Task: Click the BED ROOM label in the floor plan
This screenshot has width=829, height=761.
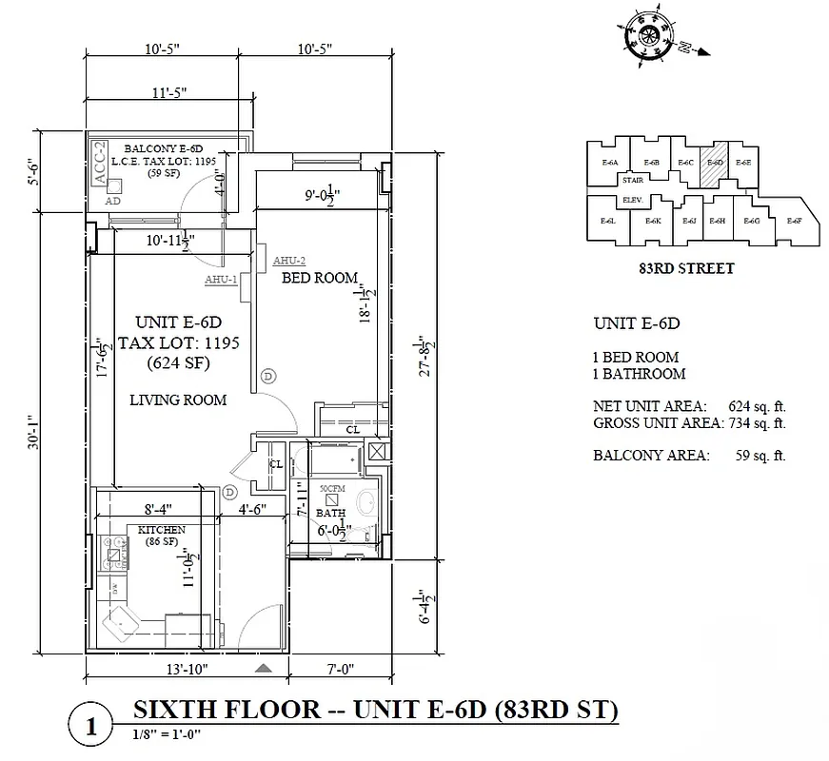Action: [319, 279]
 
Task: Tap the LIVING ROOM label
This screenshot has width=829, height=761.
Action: [178, 400]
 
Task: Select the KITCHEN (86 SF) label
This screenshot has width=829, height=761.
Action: [161, 535]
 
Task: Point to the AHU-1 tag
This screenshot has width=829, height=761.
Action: [221, 280]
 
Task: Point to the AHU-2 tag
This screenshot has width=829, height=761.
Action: [288, 261]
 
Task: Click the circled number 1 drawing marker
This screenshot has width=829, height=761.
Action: [91, 728]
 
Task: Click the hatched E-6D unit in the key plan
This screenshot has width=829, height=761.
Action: [715, 163]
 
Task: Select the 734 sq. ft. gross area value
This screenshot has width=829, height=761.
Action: [757, 422]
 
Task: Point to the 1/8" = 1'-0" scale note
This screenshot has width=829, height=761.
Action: [168, 734]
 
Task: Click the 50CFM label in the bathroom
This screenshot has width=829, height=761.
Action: [330, 488]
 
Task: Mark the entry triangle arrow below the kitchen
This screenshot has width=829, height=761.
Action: [264, 670]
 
